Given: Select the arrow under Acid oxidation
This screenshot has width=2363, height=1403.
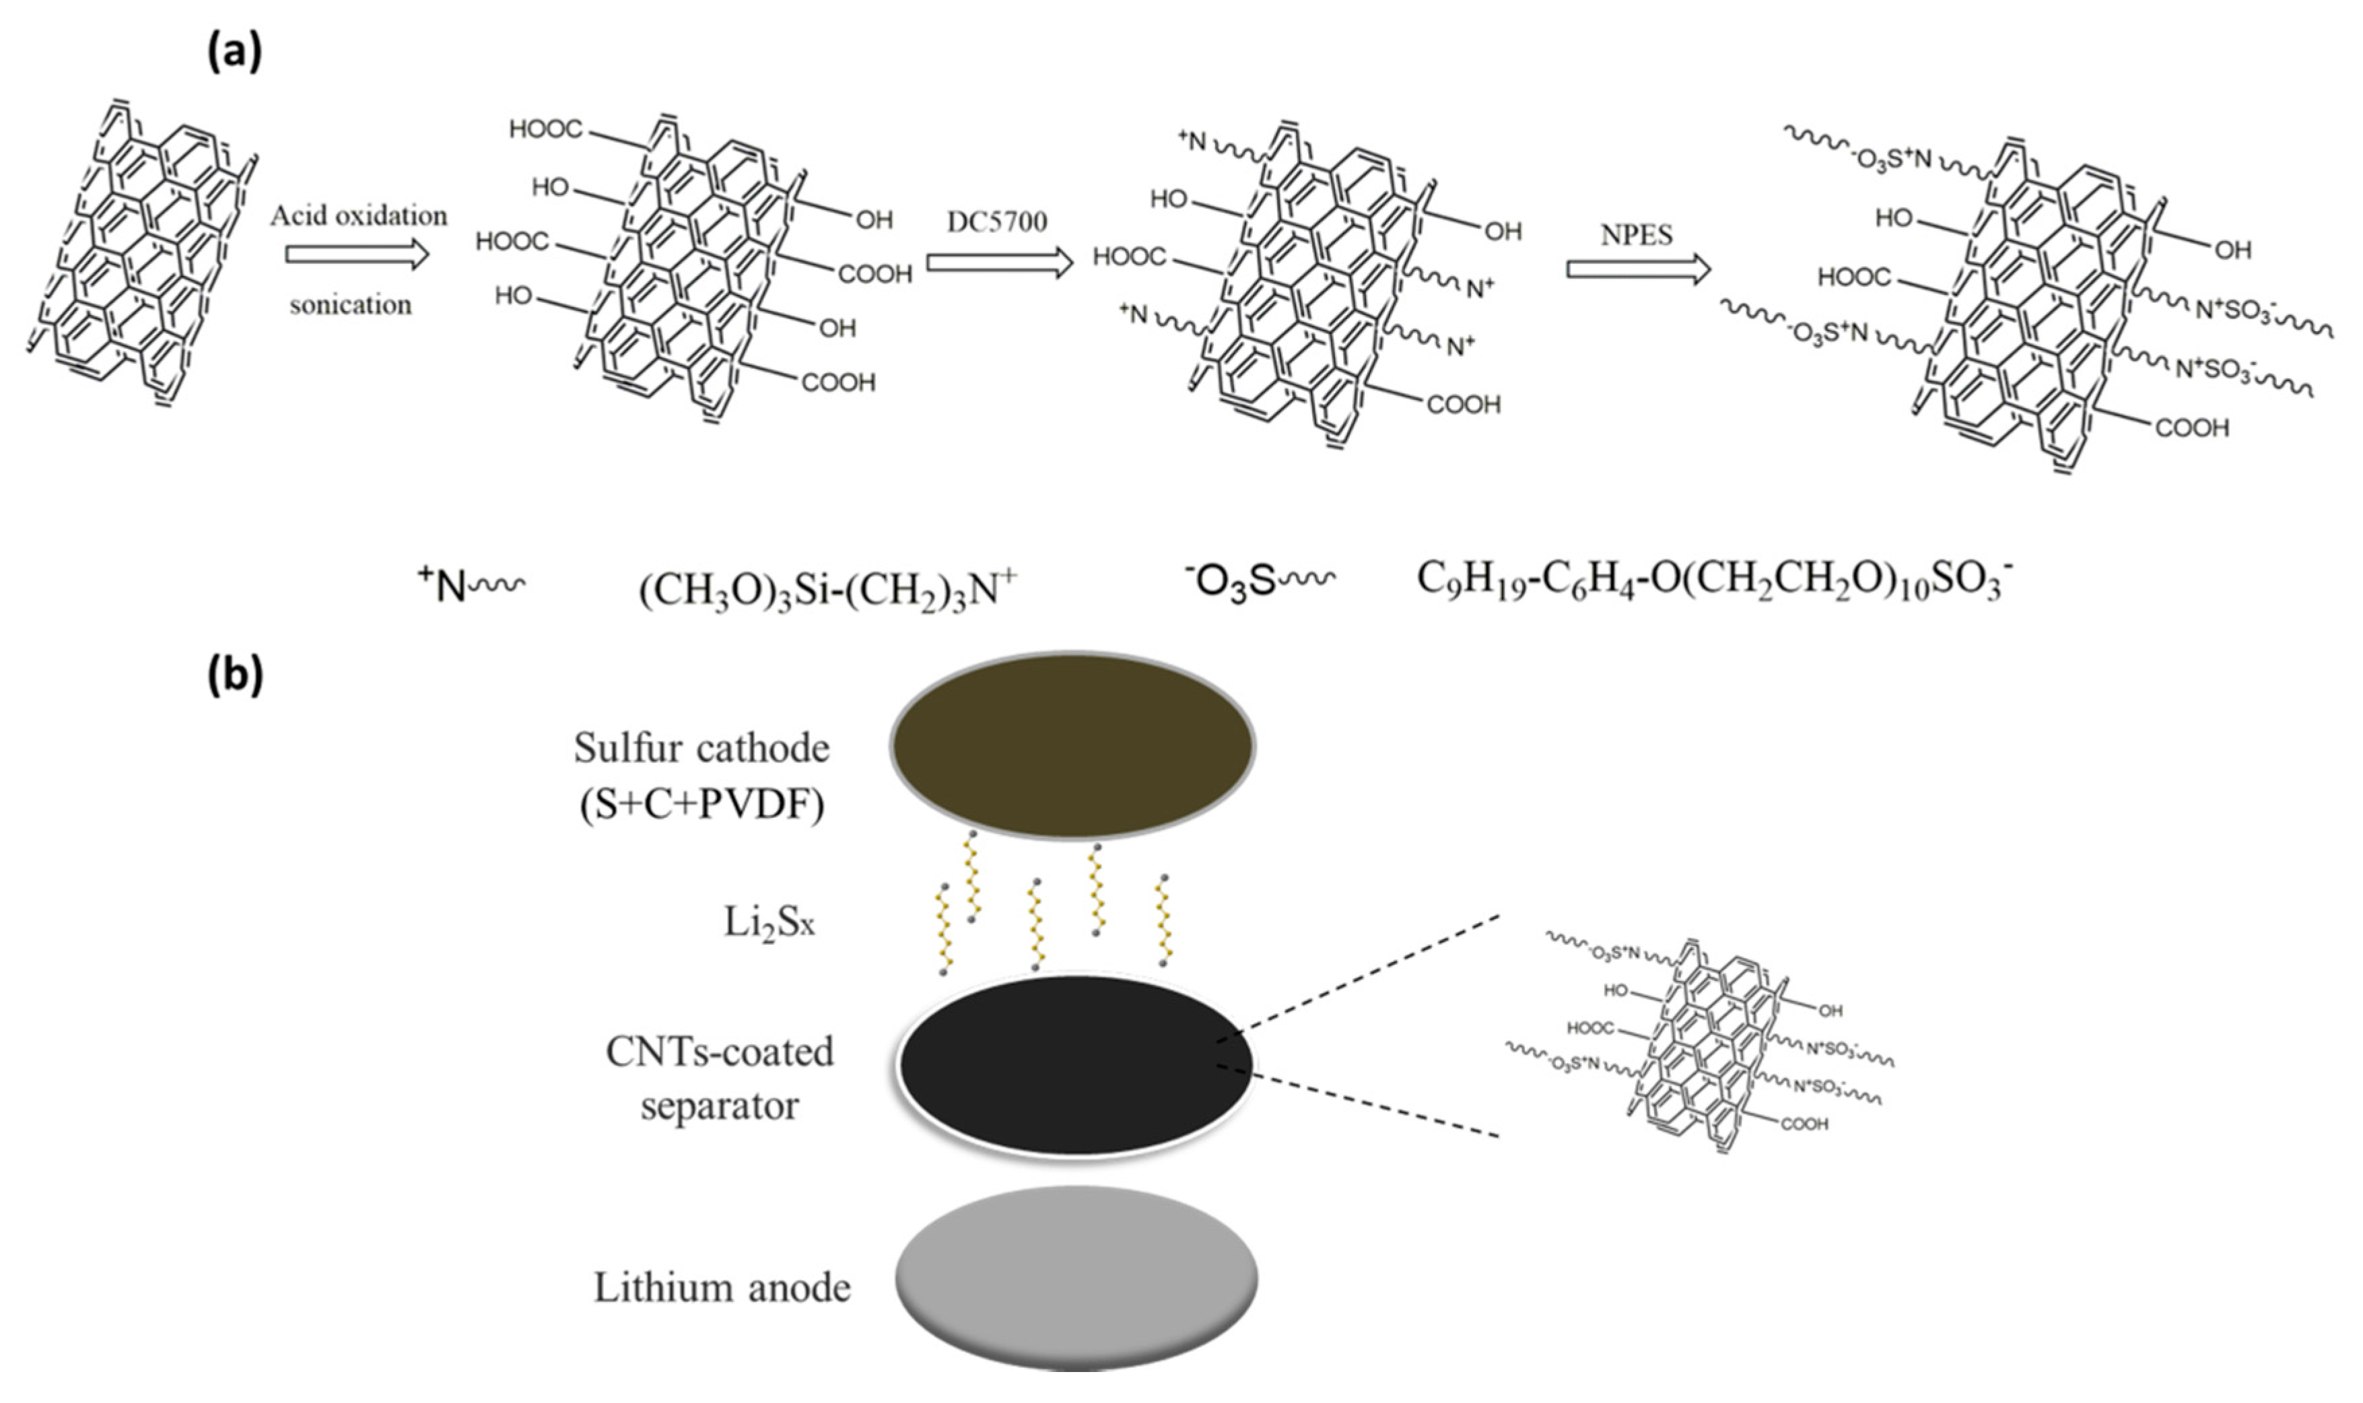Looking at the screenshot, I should (x=357, y=255).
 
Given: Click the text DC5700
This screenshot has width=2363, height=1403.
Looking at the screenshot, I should (x=997, y=222).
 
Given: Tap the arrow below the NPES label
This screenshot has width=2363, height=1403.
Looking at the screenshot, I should (x=1638, y=269).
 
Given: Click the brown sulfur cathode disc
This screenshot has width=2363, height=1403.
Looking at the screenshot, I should (x=1072, y=745).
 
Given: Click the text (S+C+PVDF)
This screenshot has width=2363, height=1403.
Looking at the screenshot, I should (x=701, y=805).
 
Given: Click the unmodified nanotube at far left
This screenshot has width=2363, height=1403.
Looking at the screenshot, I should (x=142, y=255).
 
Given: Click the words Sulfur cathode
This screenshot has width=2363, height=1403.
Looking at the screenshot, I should (x=701, y=748).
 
